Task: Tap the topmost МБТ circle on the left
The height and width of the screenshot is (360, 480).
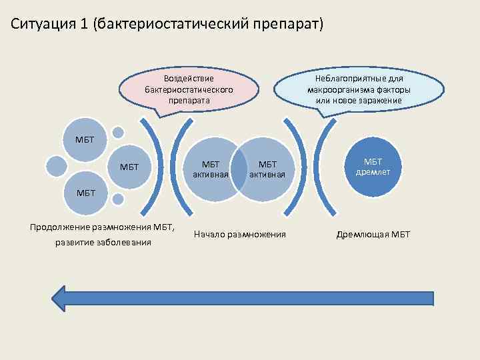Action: coord(85,139)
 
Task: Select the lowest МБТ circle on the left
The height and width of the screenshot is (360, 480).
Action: coord(85,193)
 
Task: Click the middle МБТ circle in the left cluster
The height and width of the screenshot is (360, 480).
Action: coord(129,167)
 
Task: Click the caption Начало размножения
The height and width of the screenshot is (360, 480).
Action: coord(240,234)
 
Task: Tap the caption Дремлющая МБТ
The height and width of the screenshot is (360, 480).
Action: coord(373,234)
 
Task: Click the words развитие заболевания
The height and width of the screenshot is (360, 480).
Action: coord(103,242)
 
